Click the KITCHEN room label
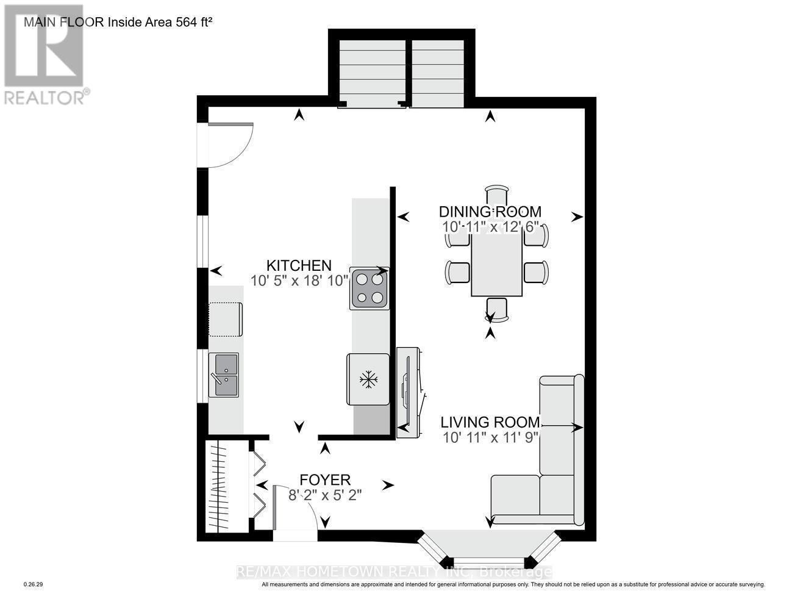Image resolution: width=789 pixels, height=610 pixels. click(299, 265)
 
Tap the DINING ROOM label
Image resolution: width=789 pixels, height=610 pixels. click(490, 212)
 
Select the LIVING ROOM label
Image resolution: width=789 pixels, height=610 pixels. click(490, 422)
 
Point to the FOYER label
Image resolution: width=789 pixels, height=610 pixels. click(324, 479)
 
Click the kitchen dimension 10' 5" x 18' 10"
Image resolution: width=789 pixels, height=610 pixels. click(299, 281)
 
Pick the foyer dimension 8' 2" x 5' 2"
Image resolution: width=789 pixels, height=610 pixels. click(325, 495)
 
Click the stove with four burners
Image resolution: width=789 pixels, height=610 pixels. click(369, 288)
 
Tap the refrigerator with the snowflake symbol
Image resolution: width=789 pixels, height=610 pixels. click(368, 379)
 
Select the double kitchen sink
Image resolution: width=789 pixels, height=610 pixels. click(224, 375)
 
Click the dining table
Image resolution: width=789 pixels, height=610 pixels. click(496, 265)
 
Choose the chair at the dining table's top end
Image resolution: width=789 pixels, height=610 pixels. click(497, 196)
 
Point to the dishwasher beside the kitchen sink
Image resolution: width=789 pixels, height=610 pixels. click(226, 319)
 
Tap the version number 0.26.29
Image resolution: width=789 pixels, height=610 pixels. click(33, 584)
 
